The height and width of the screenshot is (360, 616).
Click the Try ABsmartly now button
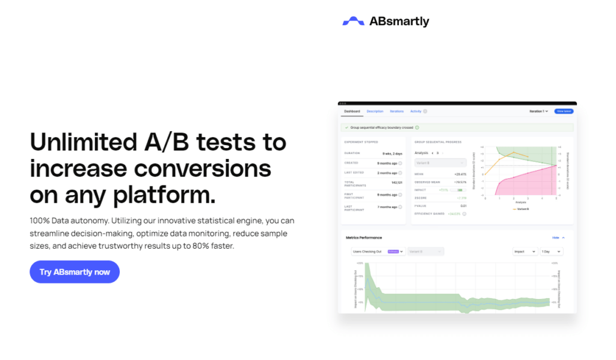(x=75, y=272)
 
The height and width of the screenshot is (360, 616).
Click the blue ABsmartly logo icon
(x=353, y=22)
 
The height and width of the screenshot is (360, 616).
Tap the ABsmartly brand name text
(x=399, y=22)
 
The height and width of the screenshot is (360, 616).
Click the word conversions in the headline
(x=202, y=169)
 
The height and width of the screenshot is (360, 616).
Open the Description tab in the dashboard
(x=375, y=111)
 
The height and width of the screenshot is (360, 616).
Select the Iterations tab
(x=396, y=111)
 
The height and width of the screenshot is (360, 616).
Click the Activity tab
(x=416, y=111)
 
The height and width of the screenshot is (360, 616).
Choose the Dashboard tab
(x=352, y=111)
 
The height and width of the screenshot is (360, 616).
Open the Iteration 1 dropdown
(x=538, y=111)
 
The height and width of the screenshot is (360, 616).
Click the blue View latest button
(x=564, y=111)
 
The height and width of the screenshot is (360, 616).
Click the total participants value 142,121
(x=396, y=182)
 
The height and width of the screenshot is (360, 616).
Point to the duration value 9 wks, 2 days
(x=392, y=154)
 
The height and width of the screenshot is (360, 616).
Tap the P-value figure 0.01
(x=463, y=205)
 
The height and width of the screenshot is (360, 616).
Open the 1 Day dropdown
(x=551, y=251)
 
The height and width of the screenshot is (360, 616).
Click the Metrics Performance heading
(x=363, y=238)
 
